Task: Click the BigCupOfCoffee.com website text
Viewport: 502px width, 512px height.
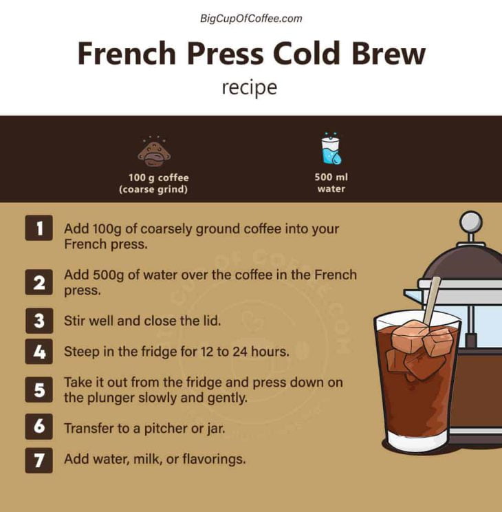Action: point(251,19)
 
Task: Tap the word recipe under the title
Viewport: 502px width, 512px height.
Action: point(250,88)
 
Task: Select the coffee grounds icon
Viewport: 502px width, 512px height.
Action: point(154,151)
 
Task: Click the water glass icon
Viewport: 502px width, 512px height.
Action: point(331,149)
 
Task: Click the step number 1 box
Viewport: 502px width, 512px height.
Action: point(39,228)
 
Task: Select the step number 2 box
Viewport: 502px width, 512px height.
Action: point(39,281)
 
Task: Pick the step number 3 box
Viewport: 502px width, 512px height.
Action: point(39,320)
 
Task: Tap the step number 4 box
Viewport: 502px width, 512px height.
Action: point(39,352)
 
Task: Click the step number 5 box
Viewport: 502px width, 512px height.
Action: point(39,390)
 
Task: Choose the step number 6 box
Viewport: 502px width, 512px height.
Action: point(39,427)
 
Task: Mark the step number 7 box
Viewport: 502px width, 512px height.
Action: point(39,460)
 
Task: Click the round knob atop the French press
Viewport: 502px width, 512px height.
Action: point(470,222)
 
